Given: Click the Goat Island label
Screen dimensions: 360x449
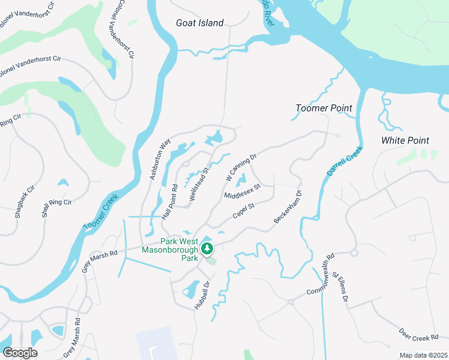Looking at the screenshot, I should [200, 23].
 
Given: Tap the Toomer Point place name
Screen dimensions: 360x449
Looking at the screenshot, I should [324, 108].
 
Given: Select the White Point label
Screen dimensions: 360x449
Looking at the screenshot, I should [405, 140].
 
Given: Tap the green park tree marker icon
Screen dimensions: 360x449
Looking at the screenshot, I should [208, 248].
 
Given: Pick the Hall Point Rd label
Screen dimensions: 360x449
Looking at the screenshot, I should [169, 201].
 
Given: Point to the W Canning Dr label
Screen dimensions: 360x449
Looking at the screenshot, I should [241, 167].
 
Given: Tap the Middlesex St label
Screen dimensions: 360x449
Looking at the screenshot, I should [242, 191].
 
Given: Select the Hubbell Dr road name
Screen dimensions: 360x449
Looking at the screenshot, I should [201, 295].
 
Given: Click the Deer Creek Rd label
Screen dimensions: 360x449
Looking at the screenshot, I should [419, 334].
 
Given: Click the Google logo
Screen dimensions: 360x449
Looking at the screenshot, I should [20, 353].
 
